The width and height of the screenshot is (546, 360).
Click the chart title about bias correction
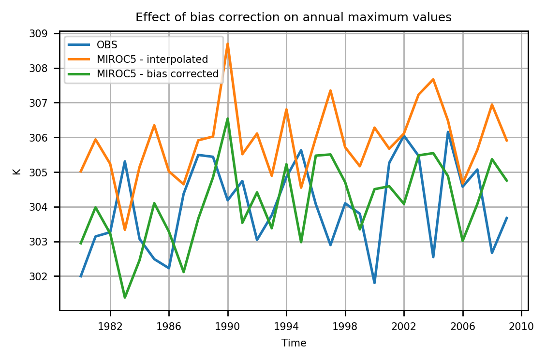point(293,18)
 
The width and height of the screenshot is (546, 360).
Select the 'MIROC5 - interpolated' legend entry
point(152,60)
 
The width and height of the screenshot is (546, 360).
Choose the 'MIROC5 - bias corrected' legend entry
point(157,74)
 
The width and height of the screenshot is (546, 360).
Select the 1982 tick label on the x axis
point(110,327)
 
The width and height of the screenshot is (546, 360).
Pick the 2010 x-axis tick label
point(521,327)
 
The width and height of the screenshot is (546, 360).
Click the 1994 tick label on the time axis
point(286,327)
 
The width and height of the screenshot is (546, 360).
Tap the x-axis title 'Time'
point(294,343)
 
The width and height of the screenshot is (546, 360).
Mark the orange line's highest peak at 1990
point(228,43)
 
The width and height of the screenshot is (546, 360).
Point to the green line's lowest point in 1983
point(125,297)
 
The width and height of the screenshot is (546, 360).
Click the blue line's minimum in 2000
point(374,283)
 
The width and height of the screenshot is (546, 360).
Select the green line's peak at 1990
point(228,118)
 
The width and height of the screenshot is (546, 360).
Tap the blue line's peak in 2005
point(448,132)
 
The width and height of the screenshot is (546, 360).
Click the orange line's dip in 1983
point(125,230)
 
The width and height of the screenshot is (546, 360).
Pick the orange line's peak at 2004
point(433,79)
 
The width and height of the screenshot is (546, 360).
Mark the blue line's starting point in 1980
point(81,276)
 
